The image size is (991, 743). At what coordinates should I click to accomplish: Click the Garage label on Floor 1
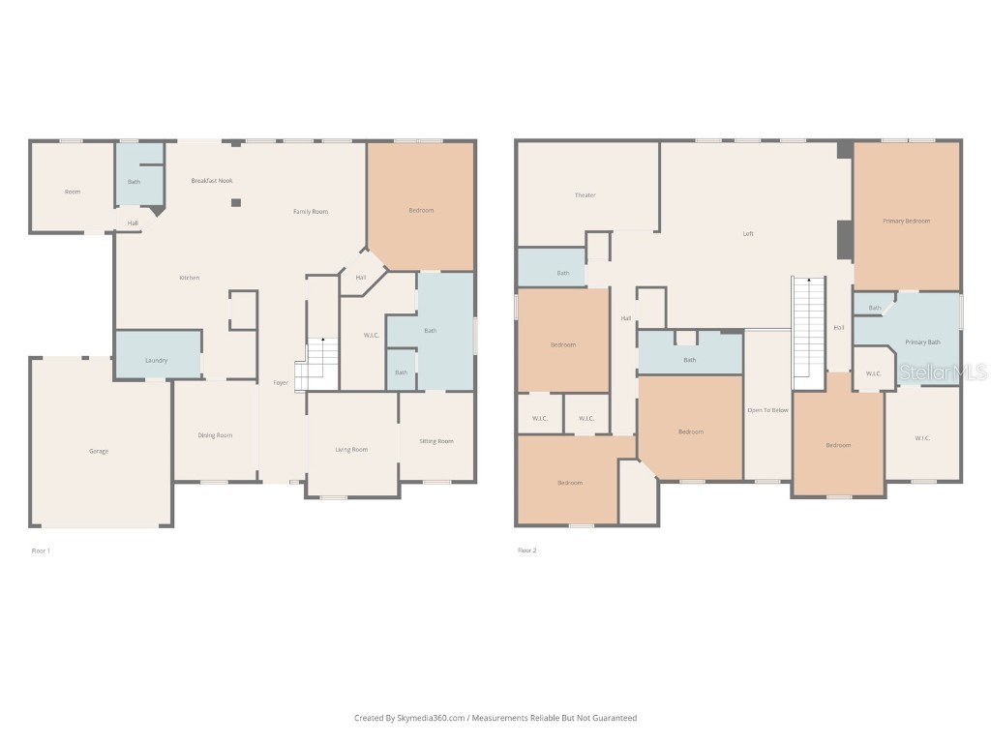pyautogui.click(x=98, y=451)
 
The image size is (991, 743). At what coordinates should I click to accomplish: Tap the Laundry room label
pyautogui.click(x=156, y=360)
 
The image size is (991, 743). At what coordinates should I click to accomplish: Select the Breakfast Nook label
pyautogui.click(x=211, y=181)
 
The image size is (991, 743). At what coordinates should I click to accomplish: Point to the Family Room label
pyautogui.click(x=311, y=211)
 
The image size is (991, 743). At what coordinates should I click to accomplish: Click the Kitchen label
pyautogui.click(x=189, y=278)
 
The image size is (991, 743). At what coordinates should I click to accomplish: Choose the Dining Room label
pyautogui.click(x=215, y=435)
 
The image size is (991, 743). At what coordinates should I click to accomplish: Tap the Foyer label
pyautogui.click(x=281, y=383)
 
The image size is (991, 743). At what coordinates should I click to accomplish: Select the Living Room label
pyautogui.click(x=351, y=449)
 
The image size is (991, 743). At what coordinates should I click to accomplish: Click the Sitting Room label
pyautogui.click(x=435, y=441)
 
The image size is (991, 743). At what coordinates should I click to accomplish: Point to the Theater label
pyautogui.click(x=586, y=195)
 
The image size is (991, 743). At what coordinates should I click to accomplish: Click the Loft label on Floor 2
pyautogui.click(x=748, y=233)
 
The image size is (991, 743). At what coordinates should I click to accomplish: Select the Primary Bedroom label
pyautogui.click(x=906, y=221)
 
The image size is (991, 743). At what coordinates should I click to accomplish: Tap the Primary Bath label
pyautogui.click(x=922, y=342)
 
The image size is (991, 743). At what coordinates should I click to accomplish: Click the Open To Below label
pyautogui.click(x=767, y=410)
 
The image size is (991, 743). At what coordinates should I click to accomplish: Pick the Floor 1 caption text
pyautogui.click(x=41, y=550)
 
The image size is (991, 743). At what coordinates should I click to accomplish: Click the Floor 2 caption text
pyautogui.click(x=526, y=550)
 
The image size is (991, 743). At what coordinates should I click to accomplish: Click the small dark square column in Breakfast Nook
pyautogui.click(x=235, y=202)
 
